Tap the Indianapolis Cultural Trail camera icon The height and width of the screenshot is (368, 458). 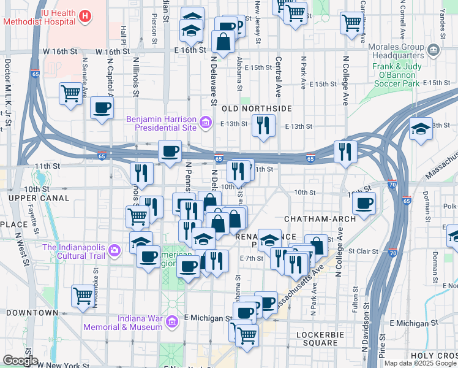(114, 250)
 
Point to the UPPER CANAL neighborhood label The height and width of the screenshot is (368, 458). (33, 199)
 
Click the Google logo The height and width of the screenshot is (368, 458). (20, 361)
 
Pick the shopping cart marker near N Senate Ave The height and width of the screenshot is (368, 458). (71, 94)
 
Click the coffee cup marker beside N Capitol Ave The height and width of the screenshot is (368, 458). (102, 109)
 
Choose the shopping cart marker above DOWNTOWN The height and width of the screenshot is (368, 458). (83, 296)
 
